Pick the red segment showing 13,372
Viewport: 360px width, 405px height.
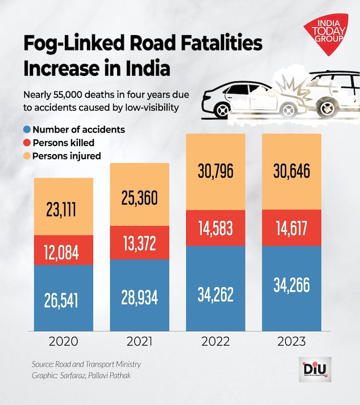140,243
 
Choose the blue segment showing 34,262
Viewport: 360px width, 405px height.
216,294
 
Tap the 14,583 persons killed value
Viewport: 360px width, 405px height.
216,228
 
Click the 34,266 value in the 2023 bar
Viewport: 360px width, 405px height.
291,284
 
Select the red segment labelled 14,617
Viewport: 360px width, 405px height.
291,228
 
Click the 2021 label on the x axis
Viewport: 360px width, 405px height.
140,342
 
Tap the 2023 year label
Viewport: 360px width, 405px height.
291,342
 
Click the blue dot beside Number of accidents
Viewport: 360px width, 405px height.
27,130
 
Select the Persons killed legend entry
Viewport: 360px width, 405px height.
63,143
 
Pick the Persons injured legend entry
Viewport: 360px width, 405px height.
66,156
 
